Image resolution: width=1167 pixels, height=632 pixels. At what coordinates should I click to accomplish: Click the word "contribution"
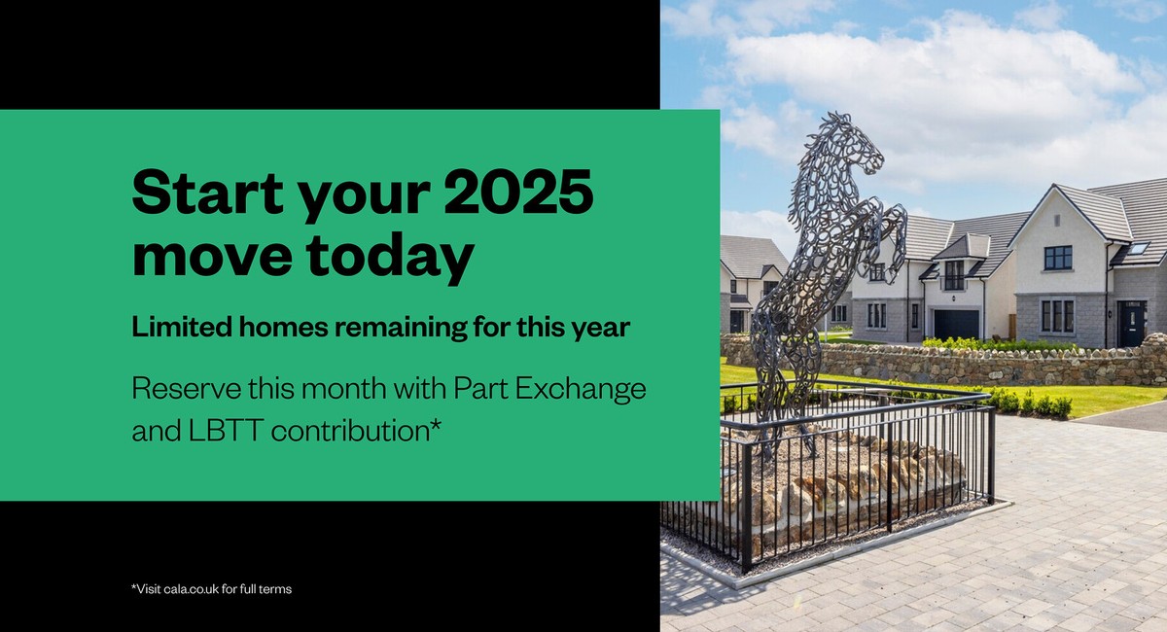pos(351,430)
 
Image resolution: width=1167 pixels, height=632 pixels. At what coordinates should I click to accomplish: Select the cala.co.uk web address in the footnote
pos(199,589)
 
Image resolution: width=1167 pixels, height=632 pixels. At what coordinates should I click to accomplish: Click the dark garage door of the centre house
pos(956,324)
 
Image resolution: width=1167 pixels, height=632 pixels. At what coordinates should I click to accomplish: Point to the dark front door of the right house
pos(1132,323)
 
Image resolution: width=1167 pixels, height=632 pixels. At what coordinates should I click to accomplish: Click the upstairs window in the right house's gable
pos(1057,258)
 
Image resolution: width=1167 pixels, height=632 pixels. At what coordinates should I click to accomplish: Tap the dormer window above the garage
pos(954,275)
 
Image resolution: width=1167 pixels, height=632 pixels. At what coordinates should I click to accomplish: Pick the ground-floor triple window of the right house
pos(1058,316)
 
